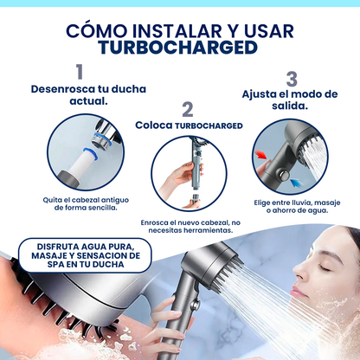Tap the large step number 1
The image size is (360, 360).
pos(80,72)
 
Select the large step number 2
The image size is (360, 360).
pos(187,110)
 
